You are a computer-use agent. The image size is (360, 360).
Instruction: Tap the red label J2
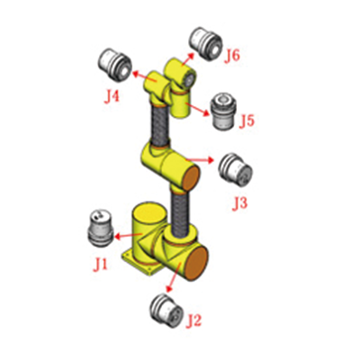[193, 320]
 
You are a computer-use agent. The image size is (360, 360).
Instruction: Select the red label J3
[239, 203]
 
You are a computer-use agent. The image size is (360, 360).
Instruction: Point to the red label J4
[112, 96]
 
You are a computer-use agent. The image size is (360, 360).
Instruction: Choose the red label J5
[247, 121]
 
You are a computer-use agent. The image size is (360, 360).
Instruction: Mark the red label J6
[232, 56]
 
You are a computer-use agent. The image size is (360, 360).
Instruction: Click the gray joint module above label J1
[100, 229]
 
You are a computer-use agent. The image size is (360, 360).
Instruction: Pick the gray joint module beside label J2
[167, 311]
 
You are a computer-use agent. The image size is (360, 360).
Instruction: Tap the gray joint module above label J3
[235, 169]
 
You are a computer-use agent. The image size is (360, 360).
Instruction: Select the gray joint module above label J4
[115, 65]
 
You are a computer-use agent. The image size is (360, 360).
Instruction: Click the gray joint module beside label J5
[224, 111]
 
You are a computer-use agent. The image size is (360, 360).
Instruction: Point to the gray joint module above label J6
[206, 43]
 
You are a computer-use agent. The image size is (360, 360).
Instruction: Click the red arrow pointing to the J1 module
[128, 236]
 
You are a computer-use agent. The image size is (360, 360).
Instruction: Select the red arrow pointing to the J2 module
[175, 276]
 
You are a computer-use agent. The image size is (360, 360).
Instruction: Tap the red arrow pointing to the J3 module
[200, 160]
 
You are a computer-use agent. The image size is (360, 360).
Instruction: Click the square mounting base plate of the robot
[141, 263]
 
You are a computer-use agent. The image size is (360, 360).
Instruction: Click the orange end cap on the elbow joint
[191, 178]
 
